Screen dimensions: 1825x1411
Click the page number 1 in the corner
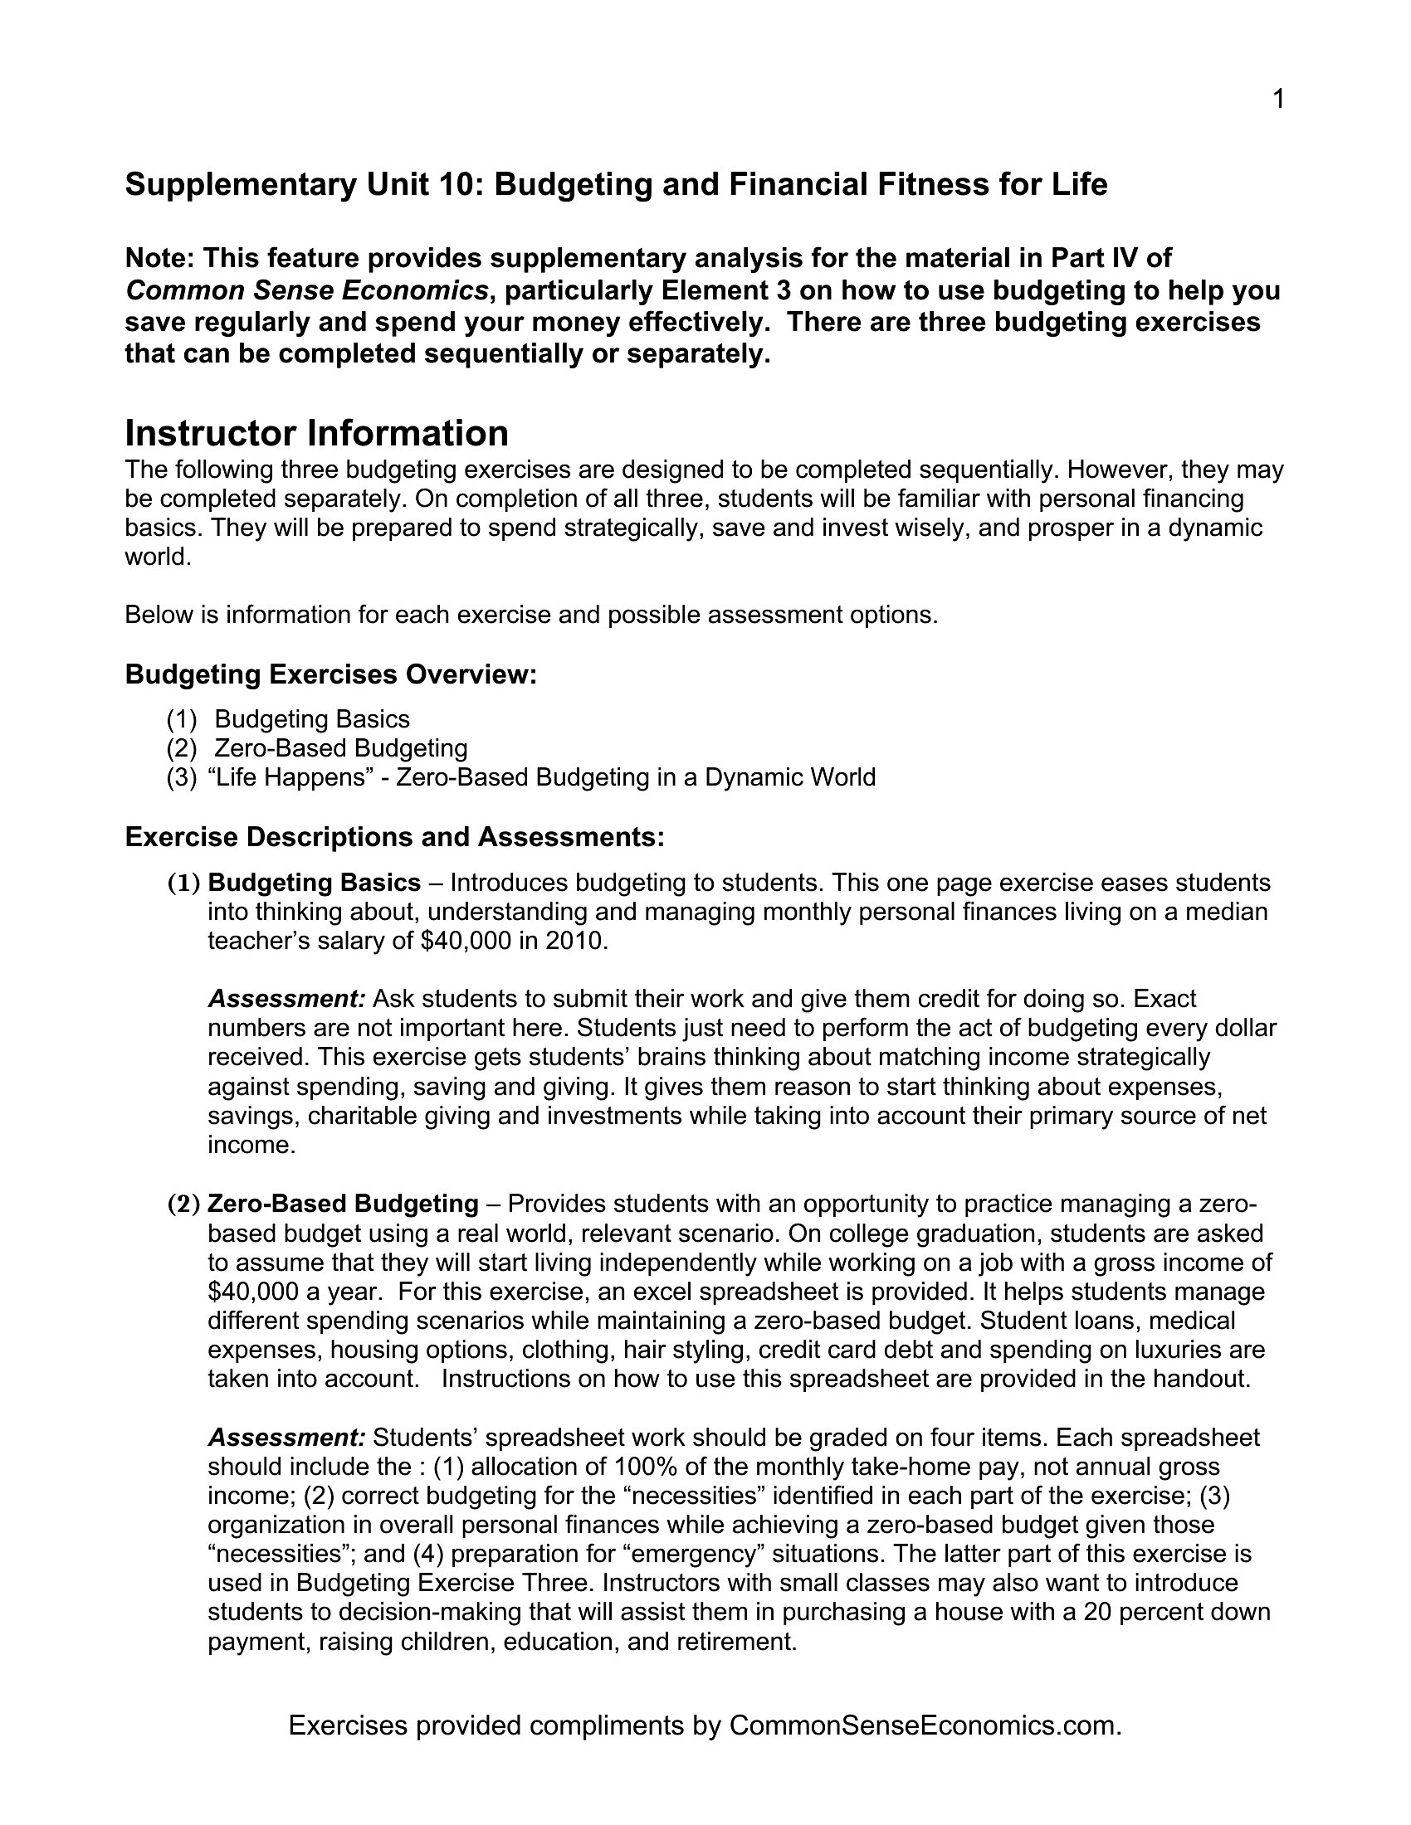[x=1277, y=100]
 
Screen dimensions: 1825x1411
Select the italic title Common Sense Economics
[x=306, y=291]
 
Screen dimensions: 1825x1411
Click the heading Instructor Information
[x=317, y=434]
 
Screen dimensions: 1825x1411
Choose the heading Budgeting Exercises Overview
[x=330, y=674]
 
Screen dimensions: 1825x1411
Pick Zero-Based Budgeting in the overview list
[x=341, y=748]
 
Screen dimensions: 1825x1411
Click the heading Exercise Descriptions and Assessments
[x=394, y=836]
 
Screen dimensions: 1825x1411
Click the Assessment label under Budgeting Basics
[x=286, y=999]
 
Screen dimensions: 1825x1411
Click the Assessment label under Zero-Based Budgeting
[x=286, y=1438]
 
